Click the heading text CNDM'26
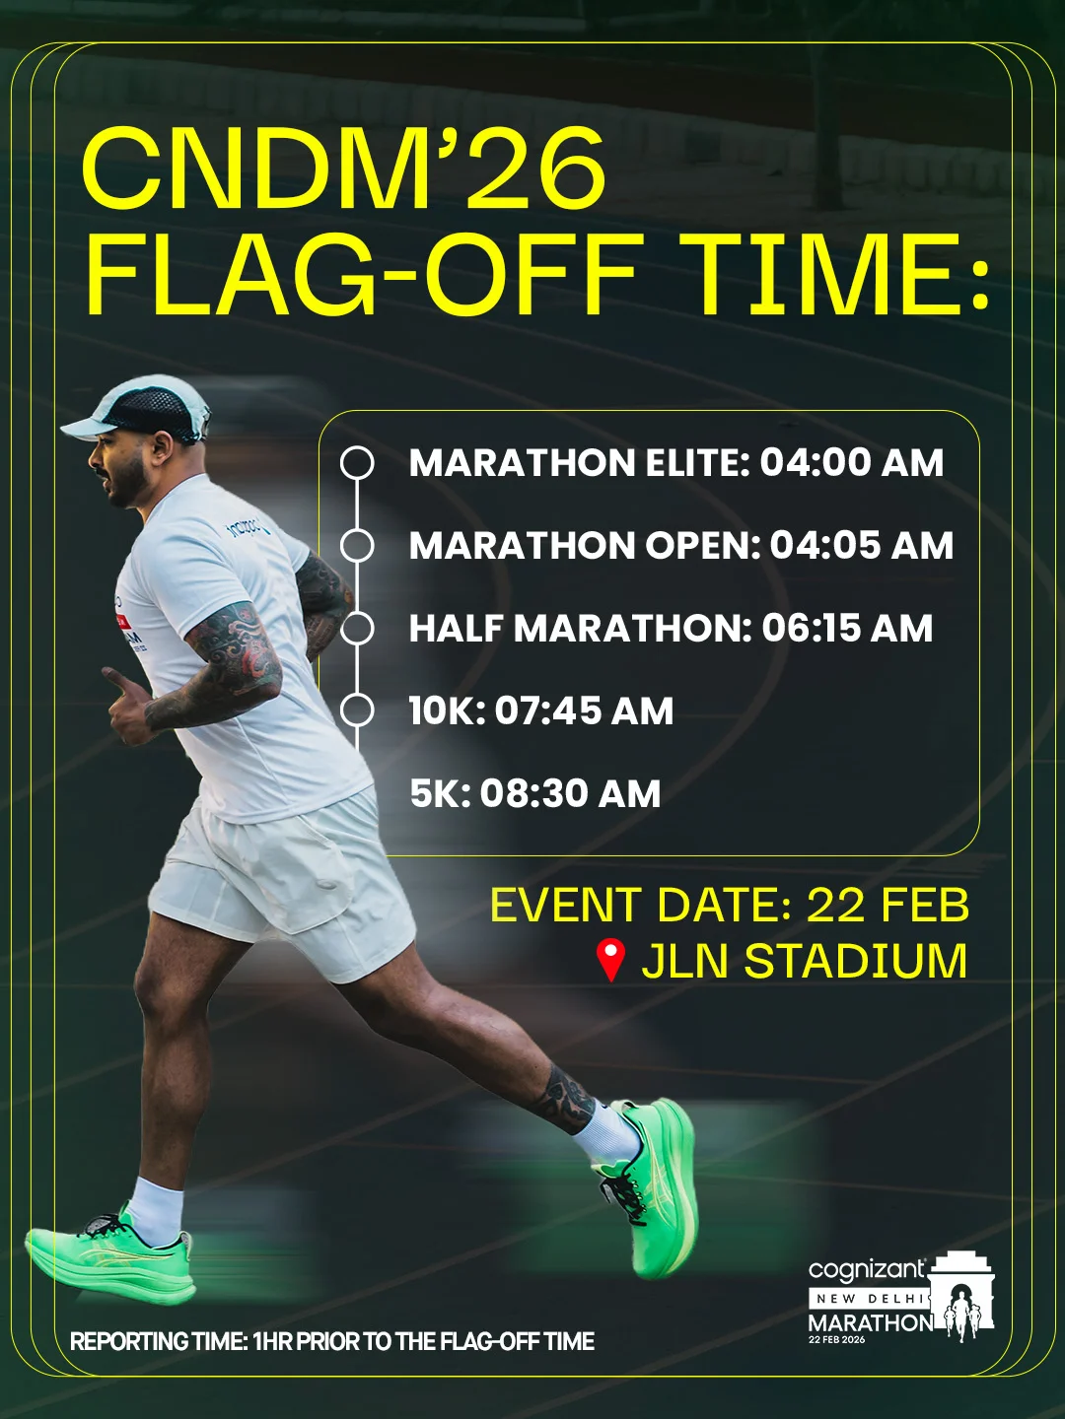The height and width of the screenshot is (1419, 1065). pos(343,169)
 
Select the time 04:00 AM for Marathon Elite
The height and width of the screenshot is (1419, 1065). pos(851,463)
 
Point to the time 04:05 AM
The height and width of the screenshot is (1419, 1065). pos(861,546)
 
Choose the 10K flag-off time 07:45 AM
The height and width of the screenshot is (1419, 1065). pos(584,711)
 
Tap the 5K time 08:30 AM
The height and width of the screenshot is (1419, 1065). pos(570,794)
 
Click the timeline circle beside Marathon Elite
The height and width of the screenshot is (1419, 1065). pos(357,463)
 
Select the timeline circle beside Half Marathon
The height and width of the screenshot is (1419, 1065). pos(357,629)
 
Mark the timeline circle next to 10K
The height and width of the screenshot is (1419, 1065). pos(357,710)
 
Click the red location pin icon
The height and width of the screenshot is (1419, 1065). pos(611,960)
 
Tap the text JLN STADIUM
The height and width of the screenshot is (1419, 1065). pos(805,962)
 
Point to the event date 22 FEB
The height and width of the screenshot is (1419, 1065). pos(887,906)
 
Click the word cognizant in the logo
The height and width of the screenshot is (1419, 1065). pos(866,1270)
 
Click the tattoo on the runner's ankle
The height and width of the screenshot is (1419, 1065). pos(565,1099)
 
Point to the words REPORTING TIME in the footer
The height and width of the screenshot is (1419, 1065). pos(158,1342)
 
